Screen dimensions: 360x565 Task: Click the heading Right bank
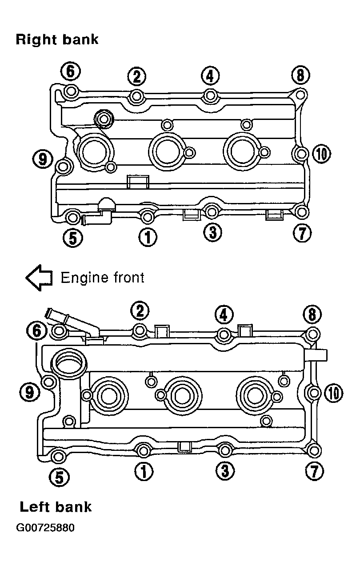(x=57, y=40)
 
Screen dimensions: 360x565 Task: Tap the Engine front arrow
(x=39, y=278)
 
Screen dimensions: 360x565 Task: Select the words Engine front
(x=103, y=278)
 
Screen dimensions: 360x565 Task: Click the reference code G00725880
(x=45, y=528)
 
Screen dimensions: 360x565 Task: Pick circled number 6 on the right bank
(x=70, y=72)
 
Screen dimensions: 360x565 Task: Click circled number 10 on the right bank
(x=321, y=154)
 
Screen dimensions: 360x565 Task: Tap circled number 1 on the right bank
(x=148, y=237)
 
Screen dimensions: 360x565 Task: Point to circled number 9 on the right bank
(x=43, y=159)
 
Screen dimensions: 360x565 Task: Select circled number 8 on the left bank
(x=312, y=314)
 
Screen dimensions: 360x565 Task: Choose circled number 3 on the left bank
(x=225, y=471)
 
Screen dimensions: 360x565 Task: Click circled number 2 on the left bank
(x=140, y=310)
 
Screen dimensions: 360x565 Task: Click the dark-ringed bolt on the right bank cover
(x=103, y=119)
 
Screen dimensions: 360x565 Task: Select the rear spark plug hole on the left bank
(x=256, y=395)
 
